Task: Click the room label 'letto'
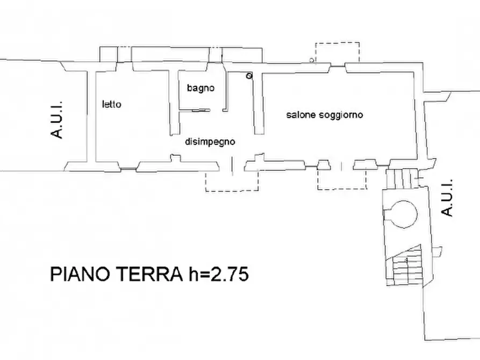click(112, 105)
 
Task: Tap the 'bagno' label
click(201, 88)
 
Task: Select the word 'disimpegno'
click(210, 142)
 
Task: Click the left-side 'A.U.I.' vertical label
click(58, 119)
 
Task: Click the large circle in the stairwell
click(403, 213)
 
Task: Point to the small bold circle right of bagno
click(248, 76)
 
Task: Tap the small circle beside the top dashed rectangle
click(312, 60)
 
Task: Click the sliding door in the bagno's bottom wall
click(200, 111)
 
